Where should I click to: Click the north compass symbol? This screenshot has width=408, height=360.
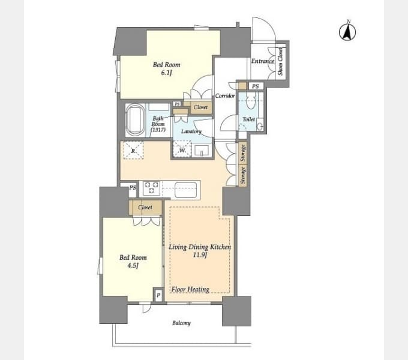(x=347, y=32)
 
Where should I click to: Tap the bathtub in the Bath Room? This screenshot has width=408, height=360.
(x=135, y=120)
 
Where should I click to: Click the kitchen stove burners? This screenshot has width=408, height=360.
(x=151, y=188)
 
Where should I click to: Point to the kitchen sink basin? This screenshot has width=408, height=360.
(x=186, y=190)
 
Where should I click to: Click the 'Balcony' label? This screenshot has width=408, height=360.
(x=181, y=323)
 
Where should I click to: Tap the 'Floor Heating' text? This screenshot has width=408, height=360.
(x=190, y=289)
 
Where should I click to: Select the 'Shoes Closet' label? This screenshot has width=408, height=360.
(x=280, y=61)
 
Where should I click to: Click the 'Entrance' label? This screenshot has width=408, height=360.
(x=263, y=61)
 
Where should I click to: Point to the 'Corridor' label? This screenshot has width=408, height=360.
(x=225, y=96)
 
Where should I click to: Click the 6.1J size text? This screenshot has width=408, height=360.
(x=167, y=73)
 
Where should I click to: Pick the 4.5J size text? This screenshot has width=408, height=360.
(x=133, y=266)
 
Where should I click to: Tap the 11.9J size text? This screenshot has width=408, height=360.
(x=200, y=255)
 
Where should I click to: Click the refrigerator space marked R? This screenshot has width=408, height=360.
(x=133, y=151)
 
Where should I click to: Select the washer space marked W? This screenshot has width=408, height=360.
(x=182, y=149)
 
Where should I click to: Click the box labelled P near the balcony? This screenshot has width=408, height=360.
(x=158, y=295)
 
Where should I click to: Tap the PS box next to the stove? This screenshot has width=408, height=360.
(x=133, y=188)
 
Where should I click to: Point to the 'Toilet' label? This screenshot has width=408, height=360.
(x=248, y=119)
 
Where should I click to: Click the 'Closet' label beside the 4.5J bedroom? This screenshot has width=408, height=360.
(x=145, y=208)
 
